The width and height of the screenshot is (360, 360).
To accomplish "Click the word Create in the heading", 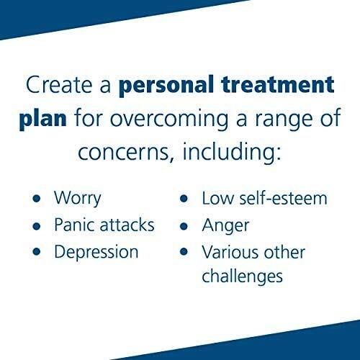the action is (x=59, y=84).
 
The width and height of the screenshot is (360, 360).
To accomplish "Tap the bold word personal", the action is (x=166, y=86).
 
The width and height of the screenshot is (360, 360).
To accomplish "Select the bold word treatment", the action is (x=278, y=84).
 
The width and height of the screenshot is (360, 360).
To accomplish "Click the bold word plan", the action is (x=43, y=120).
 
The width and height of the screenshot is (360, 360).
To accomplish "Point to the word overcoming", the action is (x=169, y=120).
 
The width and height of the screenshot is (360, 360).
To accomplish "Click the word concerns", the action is (x=124, y=153).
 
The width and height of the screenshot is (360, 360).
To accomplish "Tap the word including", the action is (x=231, y=153).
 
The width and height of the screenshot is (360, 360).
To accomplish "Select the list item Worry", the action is (x=78, y=199).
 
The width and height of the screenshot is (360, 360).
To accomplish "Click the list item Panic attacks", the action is (x=104, y=225).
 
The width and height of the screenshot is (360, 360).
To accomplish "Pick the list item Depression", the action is (x=96, y=253).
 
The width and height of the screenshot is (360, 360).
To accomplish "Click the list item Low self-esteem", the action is (x=265, y=199).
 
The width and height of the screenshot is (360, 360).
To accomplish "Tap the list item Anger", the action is (x=225, y=226).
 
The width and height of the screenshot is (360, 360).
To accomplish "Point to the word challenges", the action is (x=242, y=277).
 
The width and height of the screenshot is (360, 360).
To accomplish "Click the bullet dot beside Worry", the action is (x=37, y=199).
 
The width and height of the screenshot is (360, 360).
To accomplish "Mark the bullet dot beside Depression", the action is (x=37, y=251).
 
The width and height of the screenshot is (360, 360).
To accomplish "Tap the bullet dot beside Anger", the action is (x=184, y=226).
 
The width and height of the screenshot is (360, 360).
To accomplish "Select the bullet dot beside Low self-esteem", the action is (x=184, y=199).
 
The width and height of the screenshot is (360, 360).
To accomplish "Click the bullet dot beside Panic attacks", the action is (x=37, y=226).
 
